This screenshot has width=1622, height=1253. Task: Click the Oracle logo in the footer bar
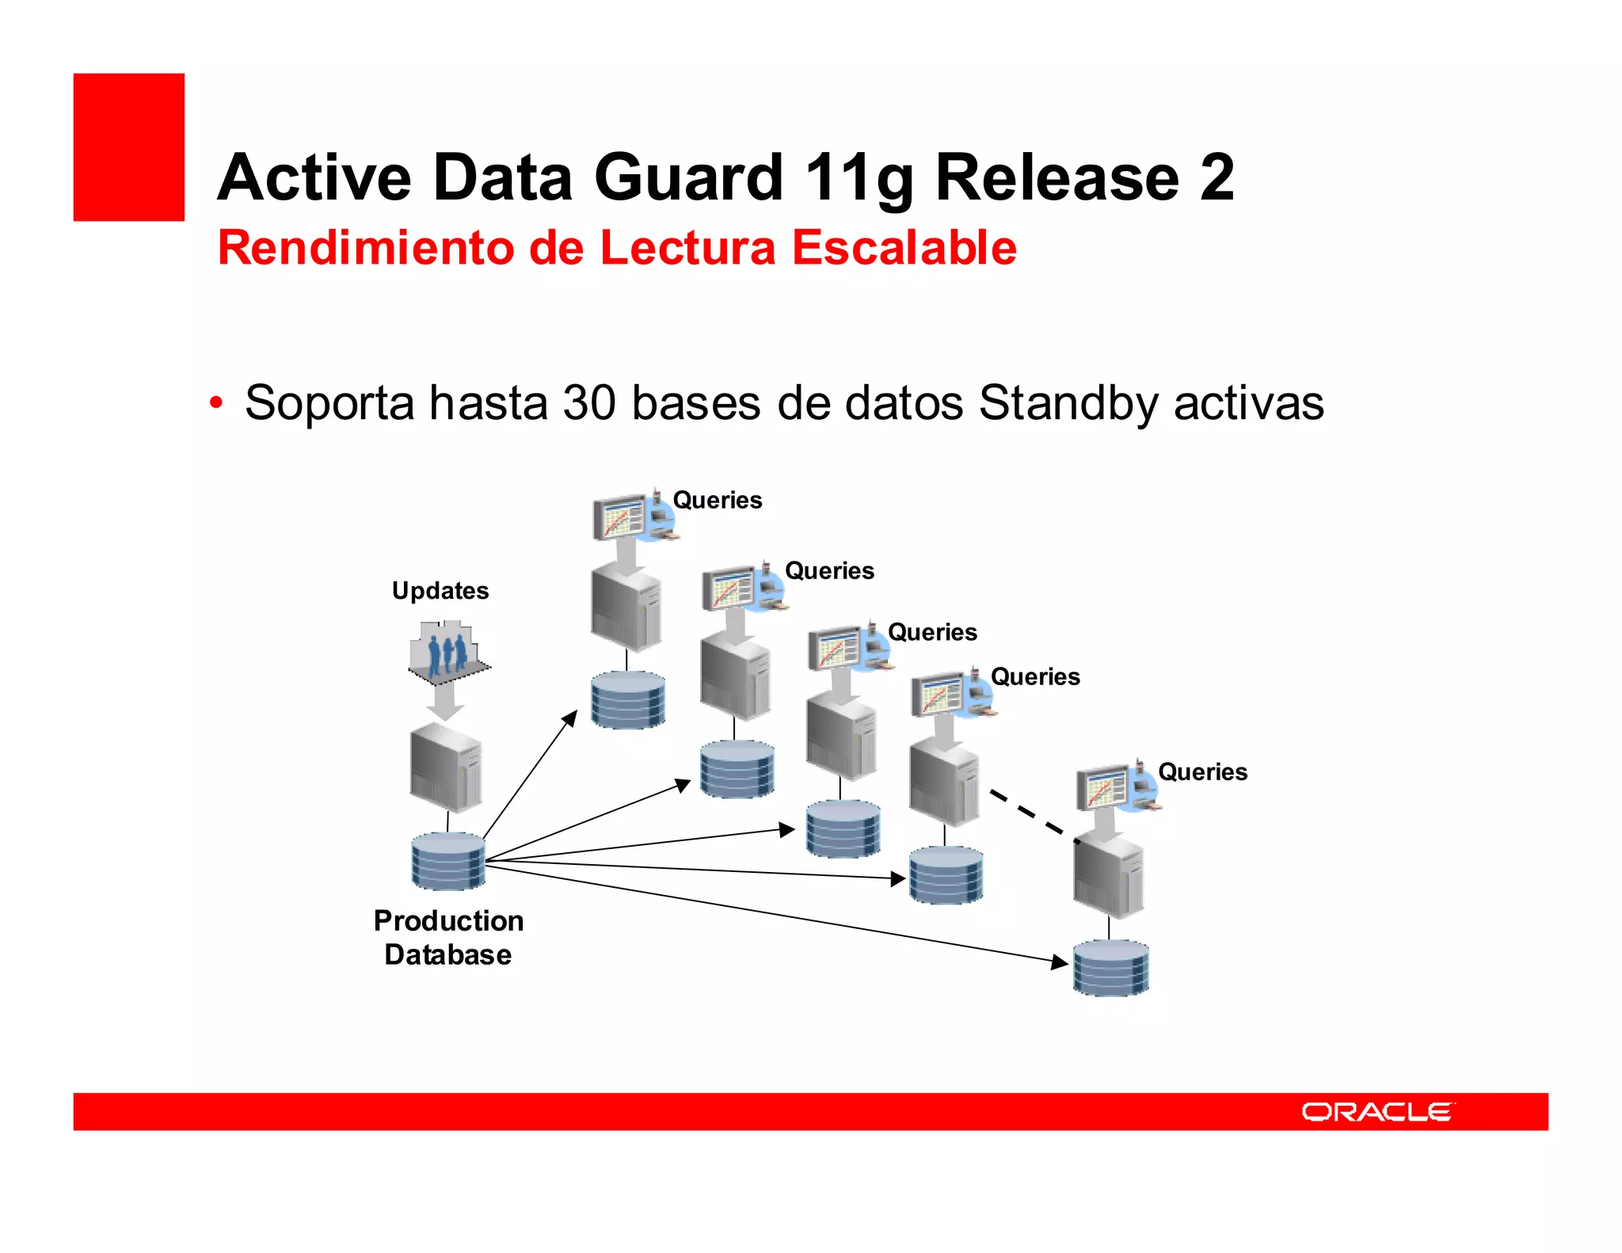[x=1376, y=1111]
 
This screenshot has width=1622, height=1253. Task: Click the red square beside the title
[x=129, y=147]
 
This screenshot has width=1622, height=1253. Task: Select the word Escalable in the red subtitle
[x=904, y=247]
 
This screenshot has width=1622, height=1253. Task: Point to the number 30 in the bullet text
[x=589, y=402]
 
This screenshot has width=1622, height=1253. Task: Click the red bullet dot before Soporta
[x=215, y=403]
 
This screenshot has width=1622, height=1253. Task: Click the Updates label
[x=440, y=591]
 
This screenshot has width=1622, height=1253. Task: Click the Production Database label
[x=448, y=937]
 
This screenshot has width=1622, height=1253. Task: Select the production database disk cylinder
[x=448, y=861]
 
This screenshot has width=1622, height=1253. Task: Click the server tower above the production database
[x=446, y=767]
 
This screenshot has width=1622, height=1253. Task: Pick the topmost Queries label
[x=717, y=501]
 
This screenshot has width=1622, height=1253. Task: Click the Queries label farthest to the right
[x=1202, y=772]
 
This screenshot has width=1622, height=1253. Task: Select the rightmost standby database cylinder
[x=1110, y=967]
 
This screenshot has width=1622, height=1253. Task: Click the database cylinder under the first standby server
[x=628, y=700]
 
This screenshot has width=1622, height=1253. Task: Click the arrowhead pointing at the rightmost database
[x=1060, y=962]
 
